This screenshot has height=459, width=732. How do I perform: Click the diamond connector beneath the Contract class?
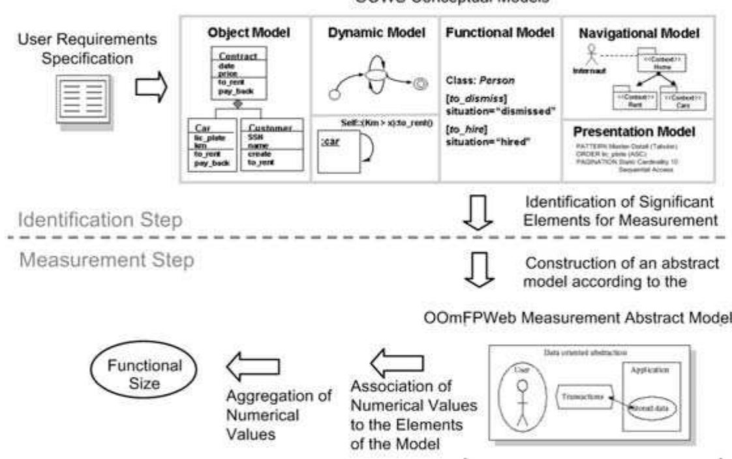239,104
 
